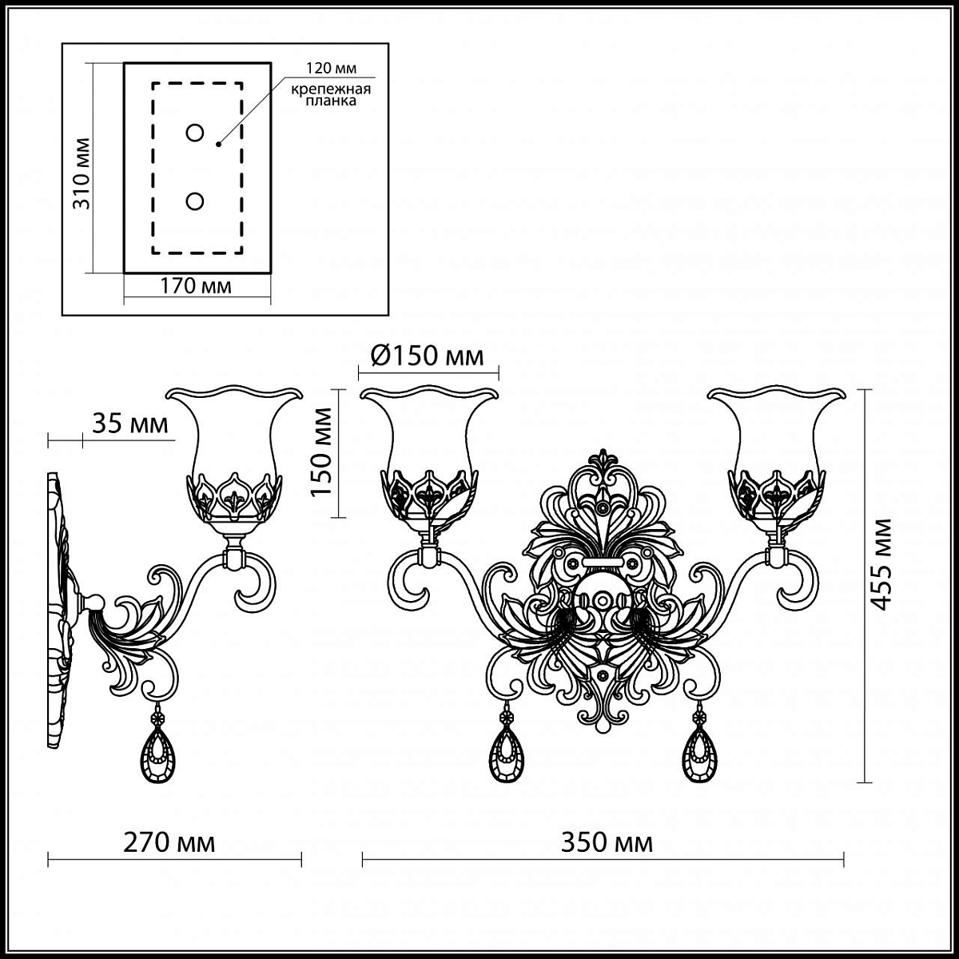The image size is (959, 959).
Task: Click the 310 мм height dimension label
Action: [x=82, y=173]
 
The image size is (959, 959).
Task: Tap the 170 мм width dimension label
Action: [x=196, y=286]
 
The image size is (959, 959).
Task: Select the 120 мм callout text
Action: [x=331, y=68]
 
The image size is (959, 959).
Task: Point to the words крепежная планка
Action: [x=331, y=95]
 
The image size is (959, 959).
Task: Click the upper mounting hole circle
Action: [x=194, y=133]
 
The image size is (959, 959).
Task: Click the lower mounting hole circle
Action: [x=194, y=201]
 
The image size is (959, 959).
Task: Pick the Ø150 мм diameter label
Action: [x=427, y=356]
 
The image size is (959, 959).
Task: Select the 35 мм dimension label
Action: [x=130, y=424]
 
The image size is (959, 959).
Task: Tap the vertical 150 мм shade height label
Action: [x=321, y=452]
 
